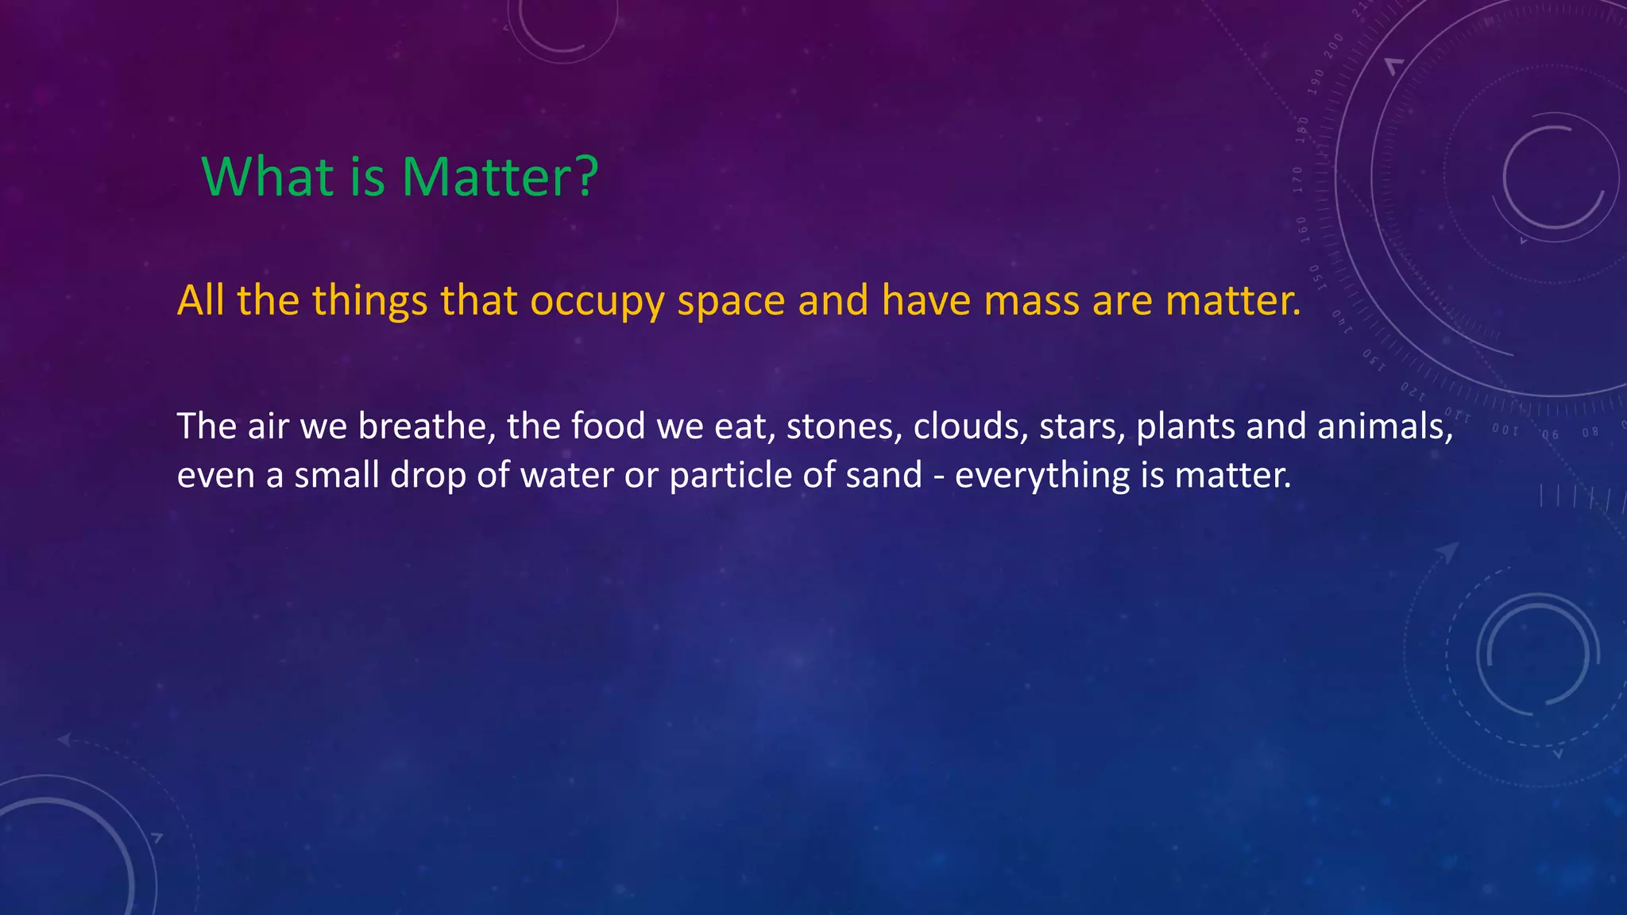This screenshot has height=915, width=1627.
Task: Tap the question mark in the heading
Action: tap(585, 176)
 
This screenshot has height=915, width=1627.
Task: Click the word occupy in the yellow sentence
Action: tap(597, 302)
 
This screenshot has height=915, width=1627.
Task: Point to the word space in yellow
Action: tap(731, 302)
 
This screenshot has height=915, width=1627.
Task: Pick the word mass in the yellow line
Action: tap(1032, 300)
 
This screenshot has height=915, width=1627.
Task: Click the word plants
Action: tap(1185, 427)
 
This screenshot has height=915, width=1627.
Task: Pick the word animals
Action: tap(1385, 427)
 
